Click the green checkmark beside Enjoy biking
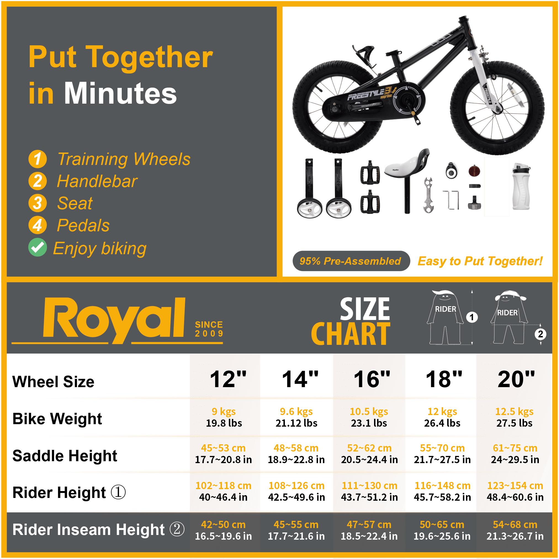point(37,247)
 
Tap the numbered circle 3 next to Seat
point(37,203)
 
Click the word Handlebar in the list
point(97,181)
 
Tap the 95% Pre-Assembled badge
point(351,261)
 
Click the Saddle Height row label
point(65,456)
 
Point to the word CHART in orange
point(350,334)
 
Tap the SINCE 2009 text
point(209,329)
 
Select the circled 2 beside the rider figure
point(540,334)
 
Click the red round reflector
point(474,171)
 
